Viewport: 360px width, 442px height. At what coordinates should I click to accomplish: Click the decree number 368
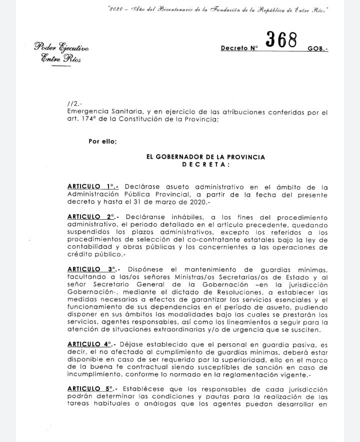(281, 40)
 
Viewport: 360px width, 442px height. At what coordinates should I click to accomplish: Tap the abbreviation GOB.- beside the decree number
(317, 49)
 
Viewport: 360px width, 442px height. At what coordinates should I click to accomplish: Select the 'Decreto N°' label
(239, 49)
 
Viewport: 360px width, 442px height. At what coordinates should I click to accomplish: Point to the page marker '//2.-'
(74, 104)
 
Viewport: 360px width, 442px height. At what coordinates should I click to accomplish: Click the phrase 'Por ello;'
(102, 141)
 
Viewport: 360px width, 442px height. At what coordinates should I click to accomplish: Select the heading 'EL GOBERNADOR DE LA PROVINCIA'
(205, 157)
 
